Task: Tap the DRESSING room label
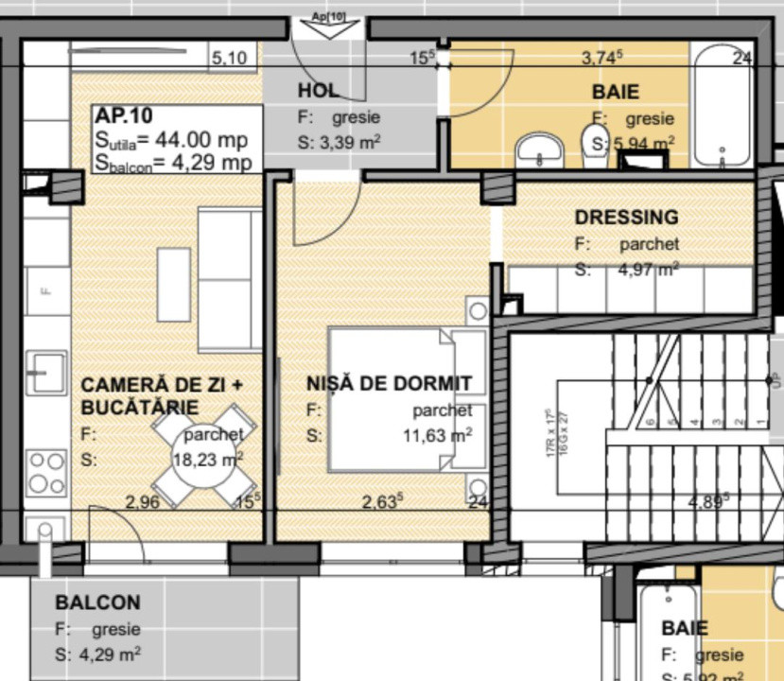click(626, 218)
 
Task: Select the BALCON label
click(97, 602)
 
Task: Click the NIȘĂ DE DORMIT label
click(389, 383)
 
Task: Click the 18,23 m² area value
click(207, 459)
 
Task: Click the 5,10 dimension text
click(229, 59)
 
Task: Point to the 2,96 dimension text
click(142, 502)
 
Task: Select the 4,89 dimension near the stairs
click(707, 501)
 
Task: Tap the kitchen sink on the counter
click(46, 372)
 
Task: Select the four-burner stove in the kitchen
click(45, 472)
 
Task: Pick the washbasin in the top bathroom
click(540, 149)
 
